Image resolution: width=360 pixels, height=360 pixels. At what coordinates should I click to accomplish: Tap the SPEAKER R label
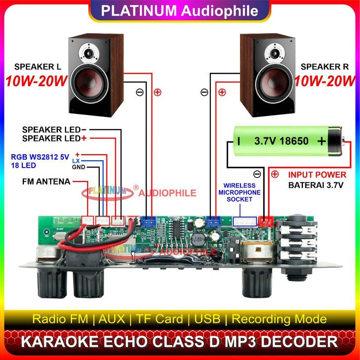pos(325,66)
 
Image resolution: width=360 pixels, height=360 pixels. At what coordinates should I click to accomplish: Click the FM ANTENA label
pos(46,181)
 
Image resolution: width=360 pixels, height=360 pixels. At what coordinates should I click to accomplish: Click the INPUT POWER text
pos(317,175)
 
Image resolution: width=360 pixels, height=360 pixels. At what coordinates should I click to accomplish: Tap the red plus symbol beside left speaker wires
pos(158,92)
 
